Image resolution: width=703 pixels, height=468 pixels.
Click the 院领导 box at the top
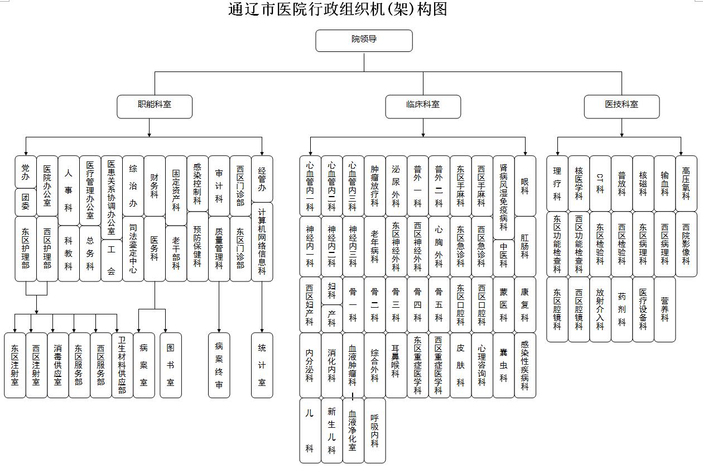(x=364, y=40)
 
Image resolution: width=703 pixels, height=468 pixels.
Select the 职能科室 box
(x=155, y=106)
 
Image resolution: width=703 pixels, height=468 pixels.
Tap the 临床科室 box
(x=423, y=106)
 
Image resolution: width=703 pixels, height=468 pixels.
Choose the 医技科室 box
(x=622, y=106)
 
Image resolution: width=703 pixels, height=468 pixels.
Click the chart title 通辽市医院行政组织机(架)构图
(x=338, y=9)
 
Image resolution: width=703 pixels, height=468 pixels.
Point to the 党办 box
(x=26, y=172)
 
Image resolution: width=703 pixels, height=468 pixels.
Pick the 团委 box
(x=26, y=202)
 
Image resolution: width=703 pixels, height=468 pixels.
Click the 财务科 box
(x=155, y=186)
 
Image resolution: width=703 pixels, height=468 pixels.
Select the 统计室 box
(x=262, y=365)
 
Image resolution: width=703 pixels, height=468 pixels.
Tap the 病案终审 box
(x=219, y=365)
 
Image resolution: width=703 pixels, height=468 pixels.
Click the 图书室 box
(x=171, y=365)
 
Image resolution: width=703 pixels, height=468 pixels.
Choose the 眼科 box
(x=525, y=186)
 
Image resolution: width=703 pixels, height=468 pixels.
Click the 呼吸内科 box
(x=375, y=430)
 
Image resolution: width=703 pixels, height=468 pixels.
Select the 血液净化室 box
(x=353, y=430)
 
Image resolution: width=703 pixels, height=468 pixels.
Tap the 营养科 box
(x=665, y=309)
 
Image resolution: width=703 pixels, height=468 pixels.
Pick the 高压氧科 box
(x=686, y=183)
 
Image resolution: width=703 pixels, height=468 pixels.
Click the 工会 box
(x=112, y=260)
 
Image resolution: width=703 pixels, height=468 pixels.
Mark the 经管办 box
(x=262, y=179)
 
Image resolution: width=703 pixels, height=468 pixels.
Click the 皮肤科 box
(x=461, y=365)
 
